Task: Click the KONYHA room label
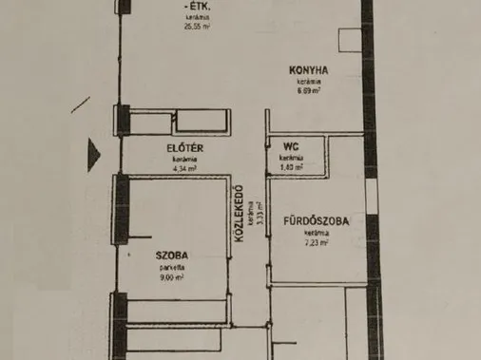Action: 311,69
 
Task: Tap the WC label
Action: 292,147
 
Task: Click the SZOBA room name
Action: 172,255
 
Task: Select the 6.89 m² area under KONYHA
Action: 311,91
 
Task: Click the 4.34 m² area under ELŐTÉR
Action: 184,170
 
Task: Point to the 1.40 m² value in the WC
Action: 292,167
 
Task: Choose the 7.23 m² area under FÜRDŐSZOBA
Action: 317,242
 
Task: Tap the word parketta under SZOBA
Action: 172,267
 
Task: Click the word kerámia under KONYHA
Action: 311,82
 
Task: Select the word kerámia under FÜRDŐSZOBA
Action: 317,233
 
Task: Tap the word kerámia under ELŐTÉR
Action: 184,161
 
